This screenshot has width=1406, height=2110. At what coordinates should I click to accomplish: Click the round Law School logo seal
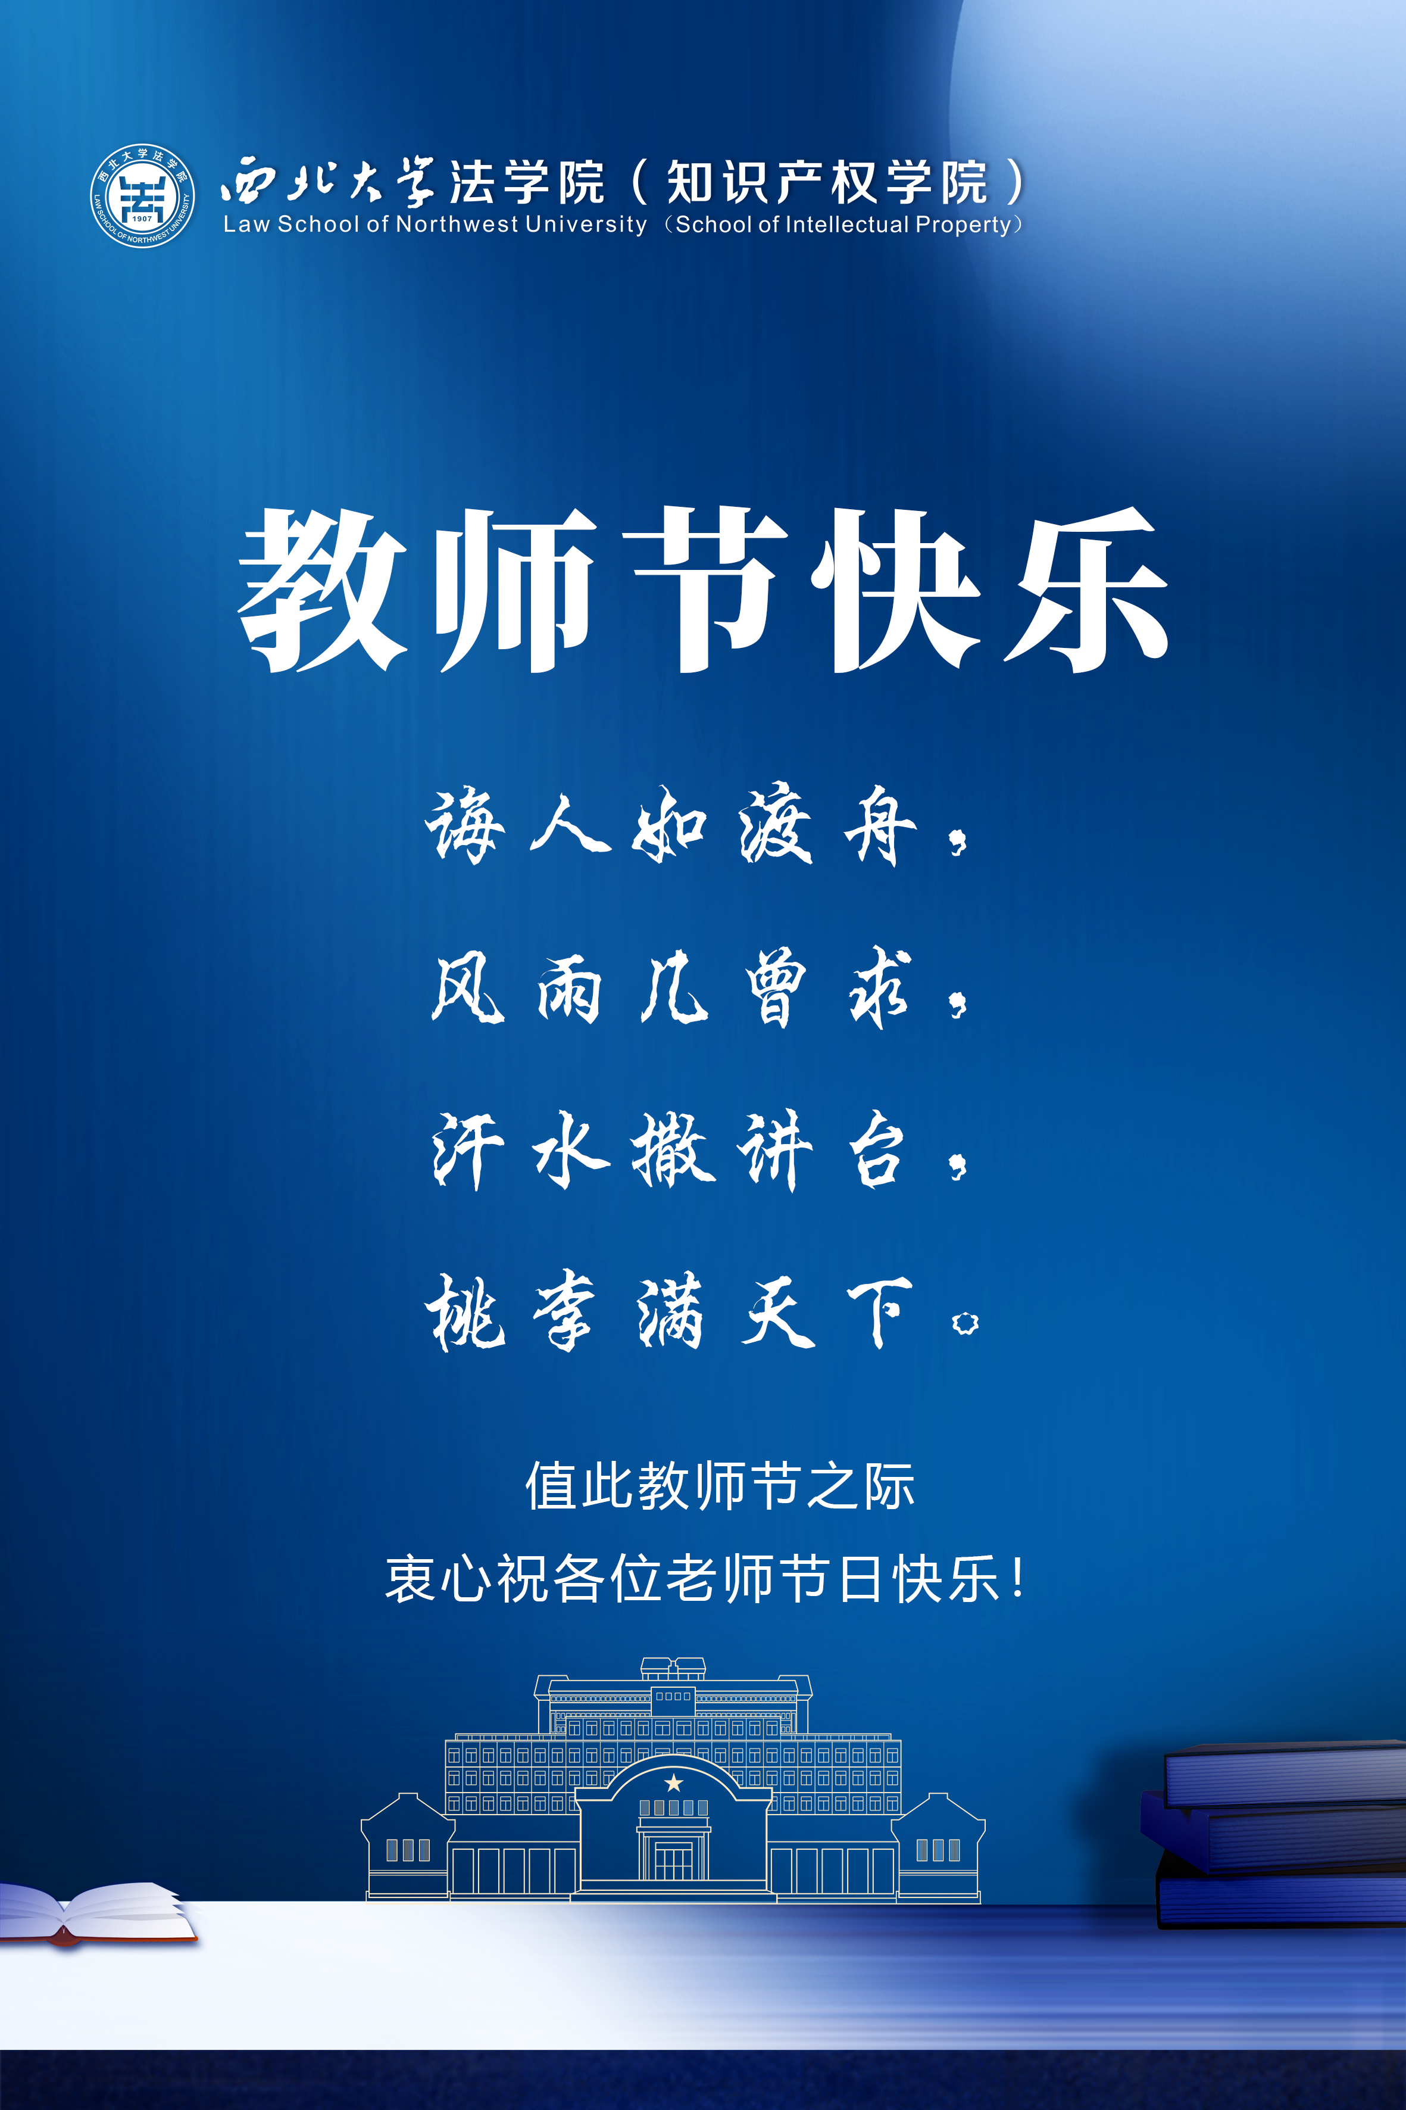pos(143,195)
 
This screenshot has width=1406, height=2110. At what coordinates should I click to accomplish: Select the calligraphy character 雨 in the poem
pos(568,989)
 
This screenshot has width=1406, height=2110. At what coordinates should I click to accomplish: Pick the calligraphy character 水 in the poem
pos(570,1151)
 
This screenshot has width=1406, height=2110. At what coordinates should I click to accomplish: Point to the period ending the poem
pos(965,1323)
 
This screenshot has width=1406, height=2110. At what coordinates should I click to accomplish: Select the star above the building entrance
pos(673,1782)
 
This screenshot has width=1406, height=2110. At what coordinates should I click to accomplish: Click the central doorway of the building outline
pos(673,1860)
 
